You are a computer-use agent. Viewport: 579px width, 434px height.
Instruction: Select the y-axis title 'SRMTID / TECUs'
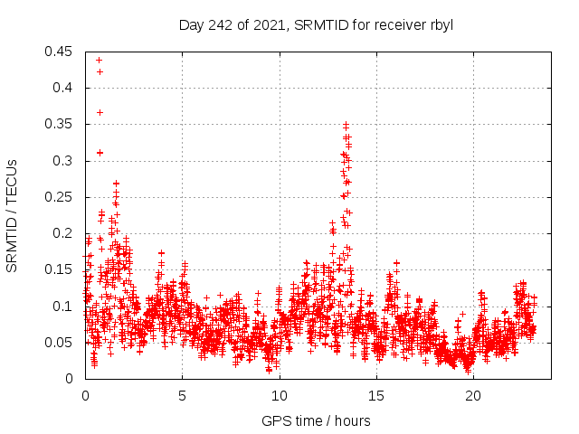(12, 215)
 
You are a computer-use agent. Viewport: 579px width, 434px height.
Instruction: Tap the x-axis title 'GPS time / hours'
(316, 420)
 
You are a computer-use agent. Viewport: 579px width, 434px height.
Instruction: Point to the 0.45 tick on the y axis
(62, 52)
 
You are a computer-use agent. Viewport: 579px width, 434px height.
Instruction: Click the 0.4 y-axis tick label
(66, 88)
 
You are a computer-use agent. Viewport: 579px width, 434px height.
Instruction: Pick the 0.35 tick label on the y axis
(62, 124)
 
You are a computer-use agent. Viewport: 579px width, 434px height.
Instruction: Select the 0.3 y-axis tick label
(66, 161)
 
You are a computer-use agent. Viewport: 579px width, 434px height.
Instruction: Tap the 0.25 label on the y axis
(62, 197)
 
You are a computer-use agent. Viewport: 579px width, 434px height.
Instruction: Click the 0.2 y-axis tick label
(66, 233)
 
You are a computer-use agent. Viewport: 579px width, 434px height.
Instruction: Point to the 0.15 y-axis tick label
(62, 269)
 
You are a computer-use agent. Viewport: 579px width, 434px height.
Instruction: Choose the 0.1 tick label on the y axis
(66, 306)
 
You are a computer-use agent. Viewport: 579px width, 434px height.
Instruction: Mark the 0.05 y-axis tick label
(62, 342)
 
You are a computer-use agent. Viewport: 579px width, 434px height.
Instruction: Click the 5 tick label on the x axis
(182, 395)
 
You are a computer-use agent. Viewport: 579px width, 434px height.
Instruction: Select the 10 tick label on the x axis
(279, 395)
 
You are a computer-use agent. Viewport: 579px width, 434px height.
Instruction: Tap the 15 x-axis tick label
(375, 395)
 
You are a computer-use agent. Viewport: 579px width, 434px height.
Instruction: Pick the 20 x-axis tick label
(472, 395)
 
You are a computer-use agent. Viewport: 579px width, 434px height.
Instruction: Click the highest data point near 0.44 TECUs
(99, 60)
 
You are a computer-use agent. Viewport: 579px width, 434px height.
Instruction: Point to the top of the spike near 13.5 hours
(346, 124)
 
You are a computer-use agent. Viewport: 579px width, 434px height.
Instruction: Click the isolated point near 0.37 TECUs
(100, 112)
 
